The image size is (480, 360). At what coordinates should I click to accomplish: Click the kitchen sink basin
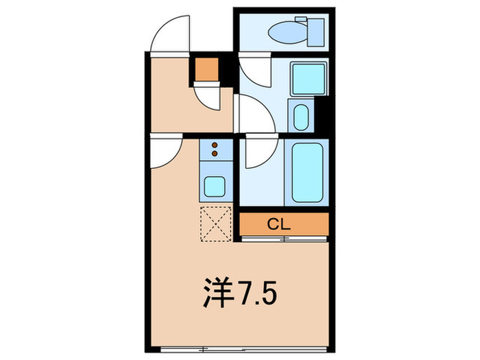point(215,185)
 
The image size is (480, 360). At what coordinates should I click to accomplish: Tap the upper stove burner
point(215,145)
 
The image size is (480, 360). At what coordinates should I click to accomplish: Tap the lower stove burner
point(215,154)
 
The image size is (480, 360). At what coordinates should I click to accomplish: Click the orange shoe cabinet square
point(205,69)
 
